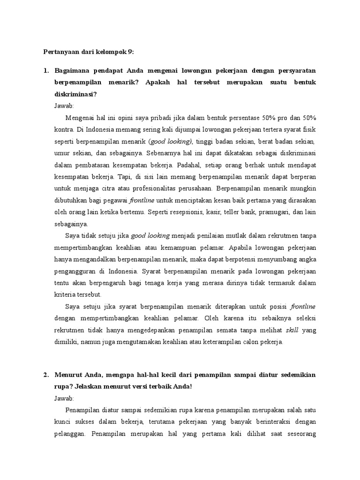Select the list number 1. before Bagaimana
[46, 70]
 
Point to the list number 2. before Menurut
[46, 375]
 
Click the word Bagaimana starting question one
[73, 70]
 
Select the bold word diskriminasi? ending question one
[75, 95]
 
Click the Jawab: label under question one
[64, 106]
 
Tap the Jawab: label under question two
[64, 398]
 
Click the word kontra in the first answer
[64, 129]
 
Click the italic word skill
[292, 330]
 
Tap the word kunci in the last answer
[64, 422]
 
